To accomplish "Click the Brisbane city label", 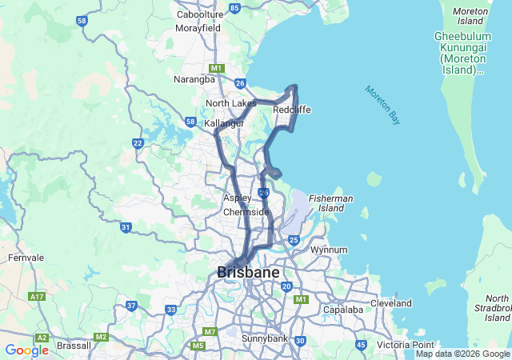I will tap(249, 272).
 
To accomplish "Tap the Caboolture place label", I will tap(200, 14).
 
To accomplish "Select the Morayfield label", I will tap(198, 27).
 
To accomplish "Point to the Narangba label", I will tap(194, 79).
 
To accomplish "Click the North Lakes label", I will tap(230, 103).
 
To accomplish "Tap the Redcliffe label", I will tap(291, 110).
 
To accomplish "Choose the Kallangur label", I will tap(224, 123).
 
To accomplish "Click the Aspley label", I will tap(238, 198).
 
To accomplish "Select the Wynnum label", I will tap(329, 250).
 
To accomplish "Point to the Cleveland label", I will tap(390, 303).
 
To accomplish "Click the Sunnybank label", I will tap(266, 338).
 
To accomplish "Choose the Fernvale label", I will tap(26, 258).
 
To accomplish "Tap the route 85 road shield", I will tap(234, 8).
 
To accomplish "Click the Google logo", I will tap(26, 350).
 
